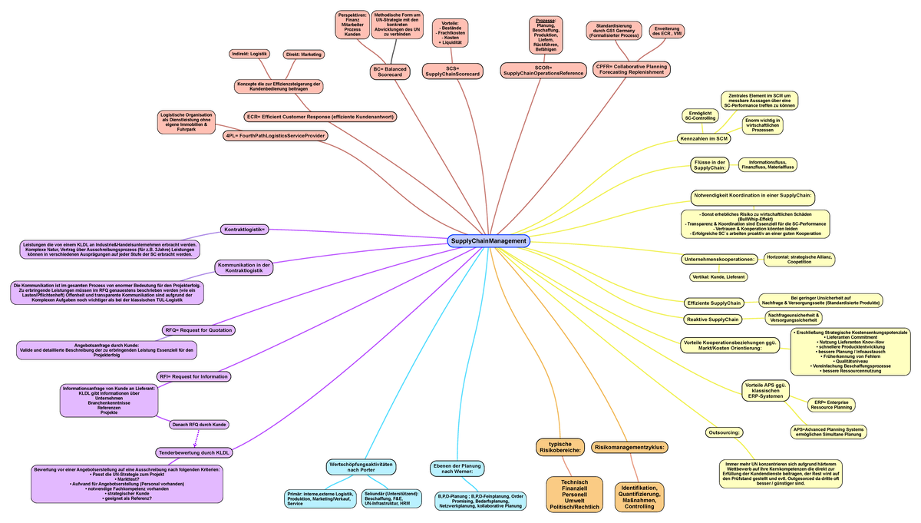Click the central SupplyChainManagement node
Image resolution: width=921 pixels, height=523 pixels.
click(x=488, y=240)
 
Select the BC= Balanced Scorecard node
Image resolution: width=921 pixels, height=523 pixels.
click(x=391, y=71)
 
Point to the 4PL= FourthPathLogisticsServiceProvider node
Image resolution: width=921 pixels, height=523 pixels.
click(x=276, y=136)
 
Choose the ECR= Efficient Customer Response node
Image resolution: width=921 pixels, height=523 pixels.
click(x=319, y=117)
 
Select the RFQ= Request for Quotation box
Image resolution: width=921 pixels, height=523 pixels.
click(x=198, y=330)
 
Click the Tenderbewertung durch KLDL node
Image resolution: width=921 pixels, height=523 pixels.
click(x=195, y=452)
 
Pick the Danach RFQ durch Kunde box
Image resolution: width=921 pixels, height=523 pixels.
click(x=200, y=425)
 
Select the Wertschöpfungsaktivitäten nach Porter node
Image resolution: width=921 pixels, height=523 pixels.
click(x=361, y=467)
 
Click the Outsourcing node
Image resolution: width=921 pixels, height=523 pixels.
click(x=722, y=432)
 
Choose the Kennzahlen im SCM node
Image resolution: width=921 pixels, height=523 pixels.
click(x=703, y=139)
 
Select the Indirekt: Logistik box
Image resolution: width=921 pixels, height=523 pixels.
click(x=249, y=54)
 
